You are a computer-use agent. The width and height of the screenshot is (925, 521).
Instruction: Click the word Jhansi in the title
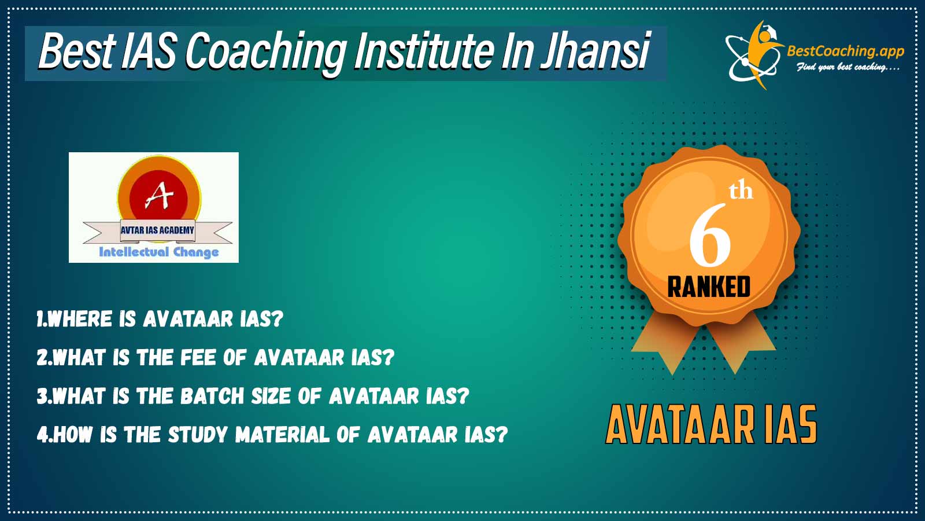pyautogui.click(x=595, y=52)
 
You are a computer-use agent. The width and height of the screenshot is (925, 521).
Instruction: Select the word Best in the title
pyautogui.click(x=76, y=52)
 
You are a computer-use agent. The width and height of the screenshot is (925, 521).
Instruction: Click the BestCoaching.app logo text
pyautogui.click(x=845, y=52)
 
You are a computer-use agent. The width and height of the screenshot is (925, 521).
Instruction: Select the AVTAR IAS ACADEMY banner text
pyautogui.click(x=157, y=230)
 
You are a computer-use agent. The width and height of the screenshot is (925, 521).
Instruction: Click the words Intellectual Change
pyautogui.click(x=159, y=252)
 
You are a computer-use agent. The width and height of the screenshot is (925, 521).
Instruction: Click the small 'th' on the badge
pyautogui.click(x=741, y=191)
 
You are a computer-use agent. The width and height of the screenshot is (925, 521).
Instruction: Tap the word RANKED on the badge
pyautogui.click(x=709, y=287)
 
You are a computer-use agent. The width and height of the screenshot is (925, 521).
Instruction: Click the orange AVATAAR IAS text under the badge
pyautogui.click(x=711, y=424)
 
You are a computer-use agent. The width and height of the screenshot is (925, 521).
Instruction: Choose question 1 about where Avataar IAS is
pyautogui.click(x=160, y=319)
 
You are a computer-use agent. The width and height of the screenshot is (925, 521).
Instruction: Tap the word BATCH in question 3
pyautogui.click(x=212, y=396)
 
